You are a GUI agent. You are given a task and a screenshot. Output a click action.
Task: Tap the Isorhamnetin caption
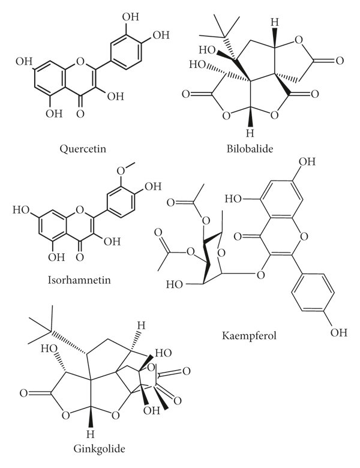pos(74,280)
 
